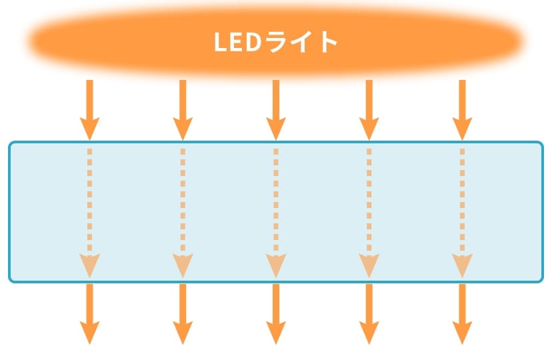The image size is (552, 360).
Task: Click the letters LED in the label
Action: pyautogui.click(x=237, y=42)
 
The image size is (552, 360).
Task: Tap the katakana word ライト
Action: pyautogui.click(x=301, y=42)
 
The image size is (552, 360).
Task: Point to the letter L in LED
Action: pyautogui.click(x=221, y=42)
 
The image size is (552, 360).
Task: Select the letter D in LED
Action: pyautogui.click(x=253, y=42)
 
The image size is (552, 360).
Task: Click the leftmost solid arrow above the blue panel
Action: pyautogui.click(x=90, y=110)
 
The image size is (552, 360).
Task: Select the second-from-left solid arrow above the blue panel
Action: pyautogui.click(x=183, y=110)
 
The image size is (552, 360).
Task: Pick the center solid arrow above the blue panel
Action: pyautogui.click(x=276, y=110)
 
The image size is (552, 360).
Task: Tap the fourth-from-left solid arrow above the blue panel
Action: pyautogui.click(x=369, y=110)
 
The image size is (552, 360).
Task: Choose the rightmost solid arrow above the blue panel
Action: pyautogui.click(x=462, y=110)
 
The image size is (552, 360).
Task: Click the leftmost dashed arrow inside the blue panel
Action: pyautogui.click(x=90, y=213)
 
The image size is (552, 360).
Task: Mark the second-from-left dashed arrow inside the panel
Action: pyautogui.click(x=183, y=213)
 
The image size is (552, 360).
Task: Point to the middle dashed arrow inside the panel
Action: pyautogui.click(x=276, y=213)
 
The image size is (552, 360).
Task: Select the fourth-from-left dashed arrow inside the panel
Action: pyautogui.click(x=369, y=213)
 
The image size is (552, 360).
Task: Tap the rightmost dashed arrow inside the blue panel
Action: pyautogui.click(x=462, y=213)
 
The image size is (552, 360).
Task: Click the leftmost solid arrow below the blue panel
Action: pyautogui.click(x=90, y=314)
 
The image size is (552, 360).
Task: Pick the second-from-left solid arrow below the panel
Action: pyautogui.click(x=183, y=314)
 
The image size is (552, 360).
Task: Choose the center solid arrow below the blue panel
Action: pyautogui.click(x=276, y=314)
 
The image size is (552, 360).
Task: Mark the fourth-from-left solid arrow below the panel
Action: pyautogui.click(x=369, y=314)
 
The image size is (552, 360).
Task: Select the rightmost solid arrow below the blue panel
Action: pyautogui.click(x=462, y=314)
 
